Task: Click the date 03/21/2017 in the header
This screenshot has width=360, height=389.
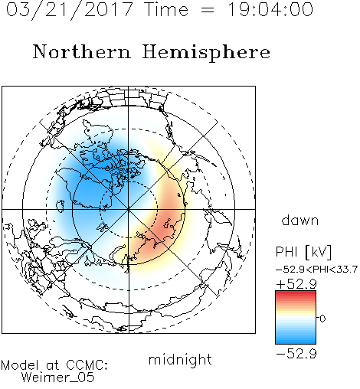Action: point(70,10)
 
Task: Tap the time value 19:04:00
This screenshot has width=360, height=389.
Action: point(270,9)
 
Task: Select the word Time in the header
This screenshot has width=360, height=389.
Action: point(166,9)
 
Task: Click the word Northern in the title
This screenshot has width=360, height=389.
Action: point(82,51)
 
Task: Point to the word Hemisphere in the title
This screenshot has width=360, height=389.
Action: point(206,53)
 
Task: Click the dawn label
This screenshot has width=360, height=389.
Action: point(300,220)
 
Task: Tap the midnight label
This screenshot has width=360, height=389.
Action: point(180,359)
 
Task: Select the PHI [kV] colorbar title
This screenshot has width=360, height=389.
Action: point(303,252)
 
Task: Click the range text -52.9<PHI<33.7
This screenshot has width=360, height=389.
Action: point(316,270)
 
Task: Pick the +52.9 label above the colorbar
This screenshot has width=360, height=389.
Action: point(296,284)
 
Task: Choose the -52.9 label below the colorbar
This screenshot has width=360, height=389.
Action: point(296,354)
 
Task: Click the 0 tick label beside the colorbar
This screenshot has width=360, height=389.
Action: point(322,319)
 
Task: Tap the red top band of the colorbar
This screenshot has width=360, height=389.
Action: point(296,294)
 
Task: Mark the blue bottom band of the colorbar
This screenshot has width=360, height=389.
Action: point(296,341)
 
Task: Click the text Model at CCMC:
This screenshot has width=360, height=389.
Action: point(54,365)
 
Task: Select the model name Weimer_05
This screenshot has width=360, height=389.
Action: point(58,378)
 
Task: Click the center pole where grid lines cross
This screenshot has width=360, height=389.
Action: point(129,209)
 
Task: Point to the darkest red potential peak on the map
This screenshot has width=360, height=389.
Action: point(163,230)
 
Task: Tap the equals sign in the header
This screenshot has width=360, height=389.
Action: point(208,10)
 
